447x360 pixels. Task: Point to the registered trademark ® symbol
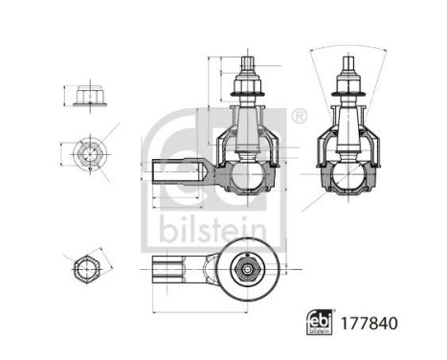pos(298,117)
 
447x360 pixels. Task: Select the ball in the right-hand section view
pos(346,176)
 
